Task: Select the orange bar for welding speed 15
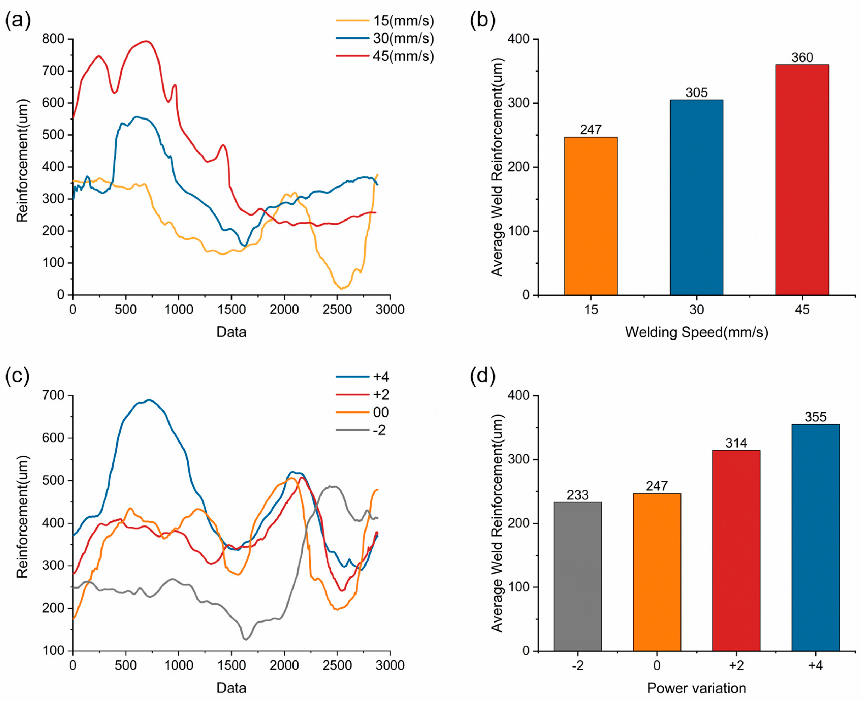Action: (x=590, y=216)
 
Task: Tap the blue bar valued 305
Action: (x=696, y=197)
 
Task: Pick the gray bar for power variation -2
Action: (x=577, y=576)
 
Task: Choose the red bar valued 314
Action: (x=736, y=550)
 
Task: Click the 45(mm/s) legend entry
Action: (x=385, y=56)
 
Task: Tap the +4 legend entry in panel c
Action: (x=362, y=377)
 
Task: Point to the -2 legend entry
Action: (x=361, y=430)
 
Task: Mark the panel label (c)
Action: (x=17, y=376)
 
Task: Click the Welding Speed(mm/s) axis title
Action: (x=696, y=332)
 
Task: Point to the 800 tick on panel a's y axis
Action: (x=53, y=39)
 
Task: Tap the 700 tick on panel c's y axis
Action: (x=53, y=395)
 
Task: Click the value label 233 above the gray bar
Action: (x=577, y=495)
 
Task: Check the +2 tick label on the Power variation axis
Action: (x=736, y=665)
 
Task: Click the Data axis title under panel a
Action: (x=231, y=332)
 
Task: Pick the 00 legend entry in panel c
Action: (x=362, y=412)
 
